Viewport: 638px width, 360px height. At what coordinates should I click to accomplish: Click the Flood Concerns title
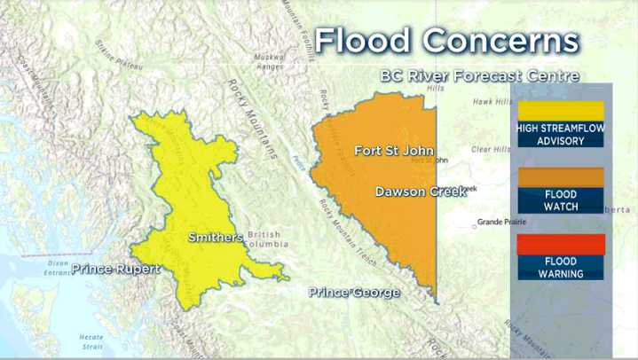(447, 41)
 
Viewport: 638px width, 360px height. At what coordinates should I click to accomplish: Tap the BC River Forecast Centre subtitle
(479, 76)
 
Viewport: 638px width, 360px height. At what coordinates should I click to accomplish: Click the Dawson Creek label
(420, 192)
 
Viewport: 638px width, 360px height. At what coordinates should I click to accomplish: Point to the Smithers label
(215, 238)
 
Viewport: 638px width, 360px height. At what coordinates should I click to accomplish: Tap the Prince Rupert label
(116, 269)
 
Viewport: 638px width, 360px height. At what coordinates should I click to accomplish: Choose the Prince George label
(354, 292)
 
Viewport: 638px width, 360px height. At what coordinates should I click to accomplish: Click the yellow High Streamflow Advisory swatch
(560, 111)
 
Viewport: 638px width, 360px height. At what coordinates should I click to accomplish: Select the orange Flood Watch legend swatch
(560, 177)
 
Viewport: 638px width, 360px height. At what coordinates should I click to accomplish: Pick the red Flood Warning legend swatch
(560, 244)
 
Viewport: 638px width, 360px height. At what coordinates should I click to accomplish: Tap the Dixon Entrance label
(60, 269)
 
